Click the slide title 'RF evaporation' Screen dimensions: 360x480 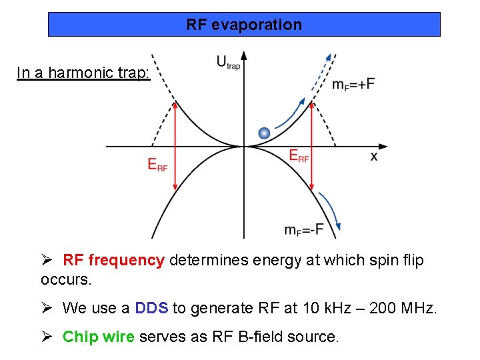click(244, 25)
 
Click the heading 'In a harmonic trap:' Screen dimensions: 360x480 click(83, 73)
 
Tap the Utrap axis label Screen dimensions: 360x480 click(227, 63)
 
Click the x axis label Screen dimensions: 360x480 click(373, 156)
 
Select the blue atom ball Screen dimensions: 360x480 click(264, 133)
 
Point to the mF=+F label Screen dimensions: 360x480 click(353, 84)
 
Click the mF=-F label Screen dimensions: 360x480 click(303, 229)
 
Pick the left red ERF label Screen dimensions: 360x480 click(158, 164)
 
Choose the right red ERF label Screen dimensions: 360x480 click(299, 155)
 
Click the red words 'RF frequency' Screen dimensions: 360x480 click(113, 260)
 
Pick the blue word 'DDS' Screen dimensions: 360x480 click(151, 308)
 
